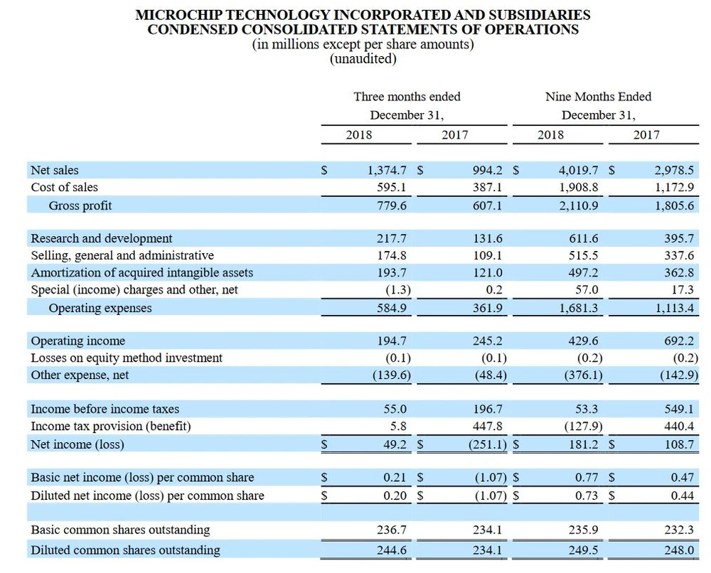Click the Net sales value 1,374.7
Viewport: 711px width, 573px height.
click(387, 171)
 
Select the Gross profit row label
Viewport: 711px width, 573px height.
click(80, 205)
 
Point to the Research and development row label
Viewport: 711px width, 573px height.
click(101, 239)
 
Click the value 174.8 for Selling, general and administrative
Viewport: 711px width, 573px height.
click(392, 256)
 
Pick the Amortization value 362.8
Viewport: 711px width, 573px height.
click(678, 273)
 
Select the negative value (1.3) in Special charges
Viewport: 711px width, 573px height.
click(397, 290)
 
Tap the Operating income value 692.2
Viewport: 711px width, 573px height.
click(678, 341)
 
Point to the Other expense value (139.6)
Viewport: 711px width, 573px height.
click(392, 375)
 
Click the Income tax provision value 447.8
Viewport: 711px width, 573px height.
click(488, 427)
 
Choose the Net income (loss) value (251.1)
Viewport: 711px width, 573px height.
click(486, 445)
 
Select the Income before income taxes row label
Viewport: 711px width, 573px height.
click(105, 409)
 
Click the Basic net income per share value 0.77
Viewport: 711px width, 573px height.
click(587, 478)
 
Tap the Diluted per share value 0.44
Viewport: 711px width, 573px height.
click(682, 496)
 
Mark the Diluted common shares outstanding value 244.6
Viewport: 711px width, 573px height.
click(392, 550)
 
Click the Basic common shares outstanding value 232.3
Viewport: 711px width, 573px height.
click(678, 530)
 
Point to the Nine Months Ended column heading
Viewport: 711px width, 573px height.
click(598, 97)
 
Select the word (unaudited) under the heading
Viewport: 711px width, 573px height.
click(363, 59)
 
